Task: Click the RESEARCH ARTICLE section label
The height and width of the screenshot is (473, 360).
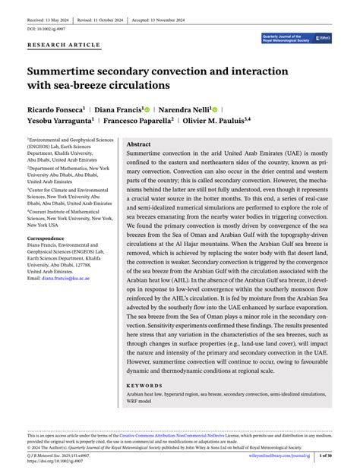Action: point(63,45)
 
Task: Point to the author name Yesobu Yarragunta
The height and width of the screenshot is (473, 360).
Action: point(59,119)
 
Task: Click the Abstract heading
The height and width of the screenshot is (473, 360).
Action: point(138,144)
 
